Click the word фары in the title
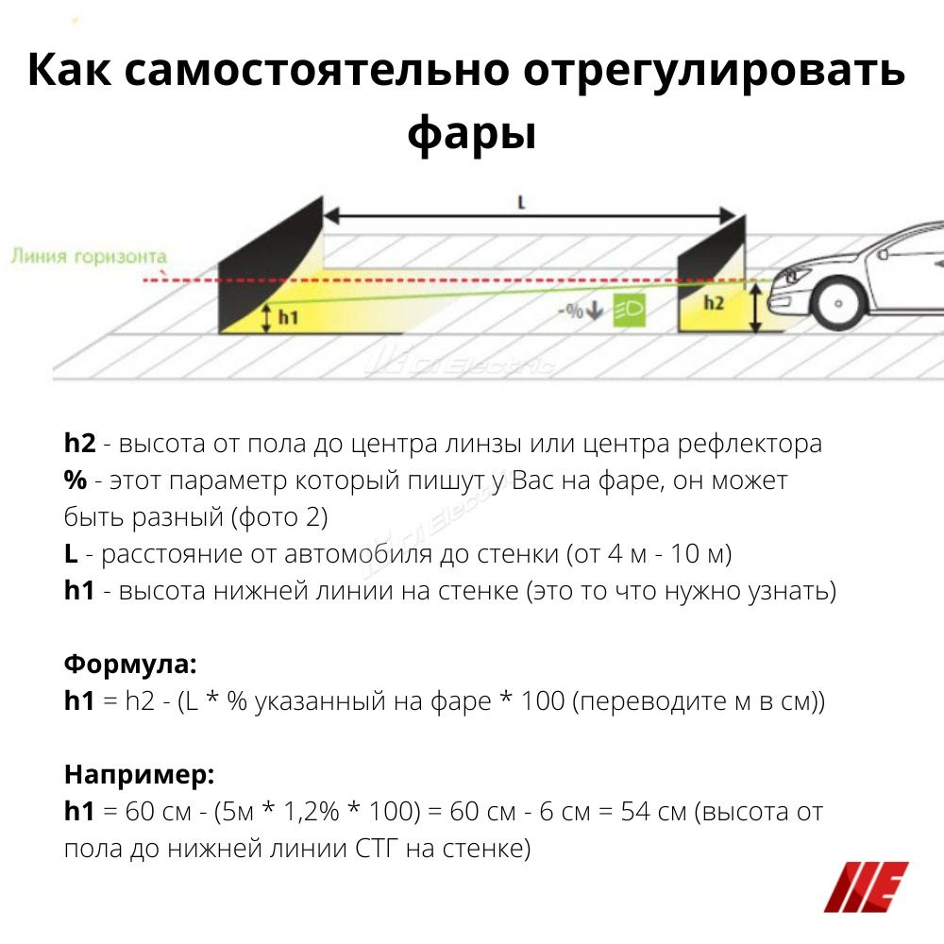coord(472,135)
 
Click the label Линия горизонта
coord(90,256)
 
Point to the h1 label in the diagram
coord(286,317)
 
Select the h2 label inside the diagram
coord(714,303)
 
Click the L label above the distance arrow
coord(522,201)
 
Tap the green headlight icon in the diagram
coord(628,310)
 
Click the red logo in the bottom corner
coord(866,886)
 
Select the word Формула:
coord(130,664)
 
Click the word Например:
coord(140,775)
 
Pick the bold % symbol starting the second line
coord(76,480)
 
